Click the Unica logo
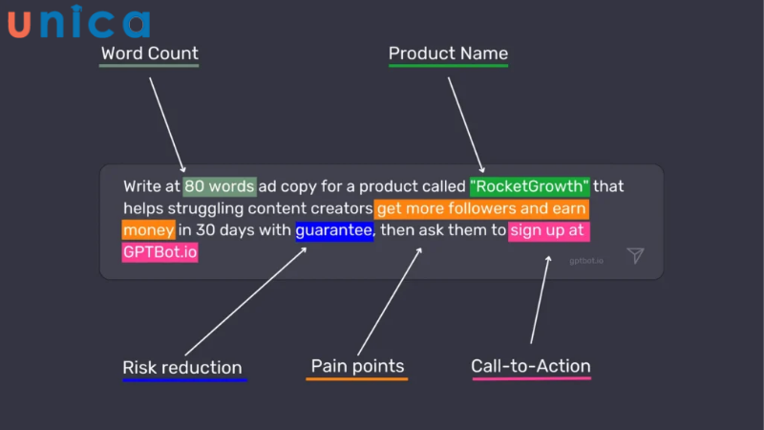(x=79, y=23)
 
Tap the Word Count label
(x=150, y=53)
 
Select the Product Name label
(x=448, y=53)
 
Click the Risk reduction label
(x=182, y=368)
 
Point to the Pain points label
(x=357, y=366)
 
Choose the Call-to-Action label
(x=531, y=366)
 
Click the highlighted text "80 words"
(x=220, y=185)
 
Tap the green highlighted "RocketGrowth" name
(x=530, y=185)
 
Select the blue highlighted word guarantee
(x=334, y=230)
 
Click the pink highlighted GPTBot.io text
(x=159, y=252)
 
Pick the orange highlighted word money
(x=148, y=230)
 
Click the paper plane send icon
(x=636, y=255)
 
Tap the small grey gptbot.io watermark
(x=586, y=260)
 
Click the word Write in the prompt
(x=143, y=185)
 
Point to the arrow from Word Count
(x=167, y=124)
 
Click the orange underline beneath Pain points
(x=357, y=379)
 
